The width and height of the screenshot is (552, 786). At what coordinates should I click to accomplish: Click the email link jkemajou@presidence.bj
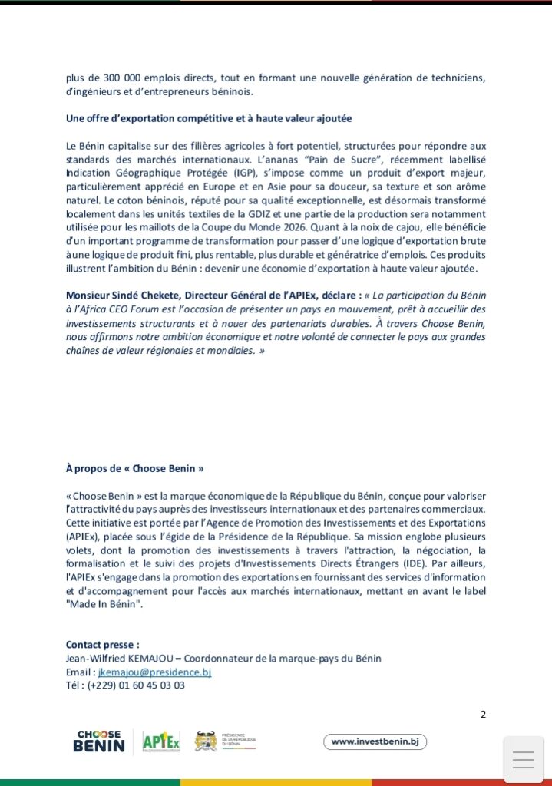(149, 672)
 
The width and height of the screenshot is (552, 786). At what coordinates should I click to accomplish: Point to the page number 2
(483, 715)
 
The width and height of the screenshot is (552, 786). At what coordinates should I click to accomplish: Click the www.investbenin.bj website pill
(375, 741)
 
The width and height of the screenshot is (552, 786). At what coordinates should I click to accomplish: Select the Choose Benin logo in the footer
(99, 741)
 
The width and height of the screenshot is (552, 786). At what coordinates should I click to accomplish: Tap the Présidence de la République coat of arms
(205, 741)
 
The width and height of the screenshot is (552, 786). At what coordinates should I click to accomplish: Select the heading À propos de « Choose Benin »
(134, 467)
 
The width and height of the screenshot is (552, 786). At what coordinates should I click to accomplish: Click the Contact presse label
(103, 645)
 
